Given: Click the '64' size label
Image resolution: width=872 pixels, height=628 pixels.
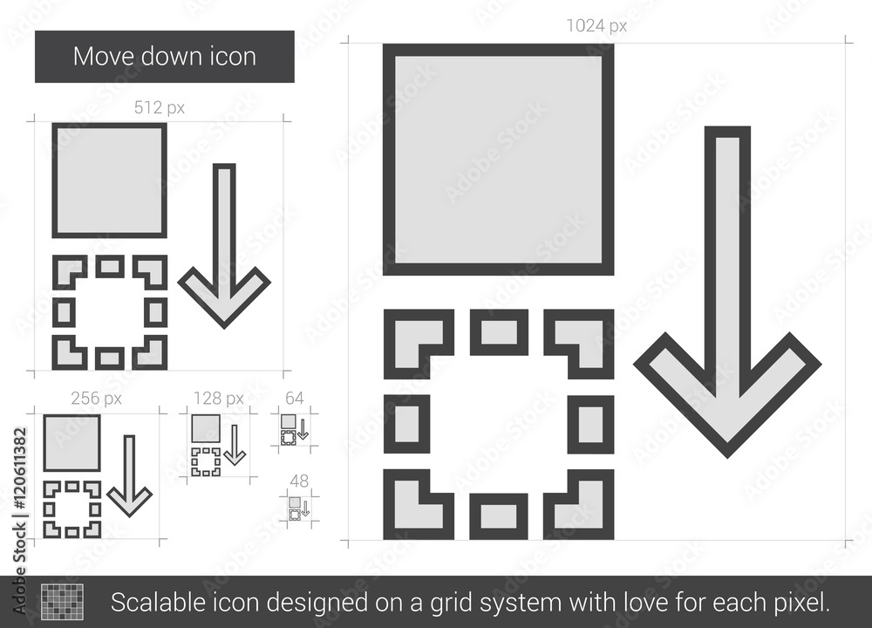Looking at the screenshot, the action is [294, 399].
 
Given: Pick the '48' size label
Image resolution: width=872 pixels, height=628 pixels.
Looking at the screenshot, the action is [299, 481].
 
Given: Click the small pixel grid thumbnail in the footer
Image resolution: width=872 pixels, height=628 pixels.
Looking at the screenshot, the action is [62, 602].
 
